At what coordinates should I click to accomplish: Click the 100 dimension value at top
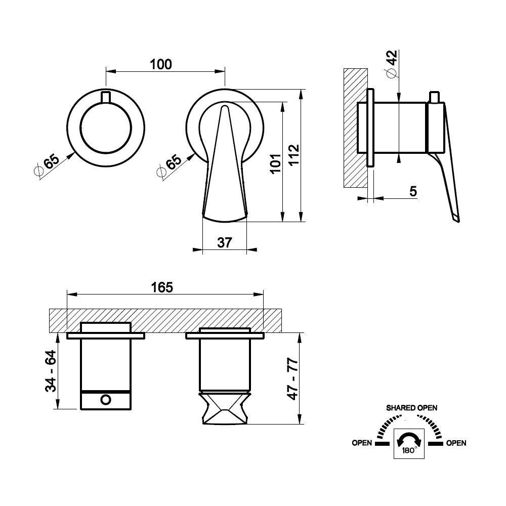coord(161,64)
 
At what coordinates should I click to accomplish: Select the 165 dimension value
coord(162,287)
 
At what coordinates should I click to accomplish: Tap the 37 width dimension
coord(225,242)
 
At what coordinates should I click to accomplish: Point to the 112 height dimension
coord(293,155)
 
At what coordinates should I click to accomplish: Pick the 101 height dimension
coord(276,163)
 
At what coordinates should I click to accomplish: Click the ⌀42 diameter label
coord(392,64)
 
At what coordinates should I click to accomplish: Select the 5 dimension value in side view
coord(413,191)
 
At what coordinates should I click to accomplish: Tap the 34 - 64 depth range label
coord(51,371)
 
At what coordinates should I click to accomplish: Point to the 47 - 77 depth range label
coord(293,378)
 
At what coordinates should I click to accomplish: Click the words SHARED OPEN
coord(412,408)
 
